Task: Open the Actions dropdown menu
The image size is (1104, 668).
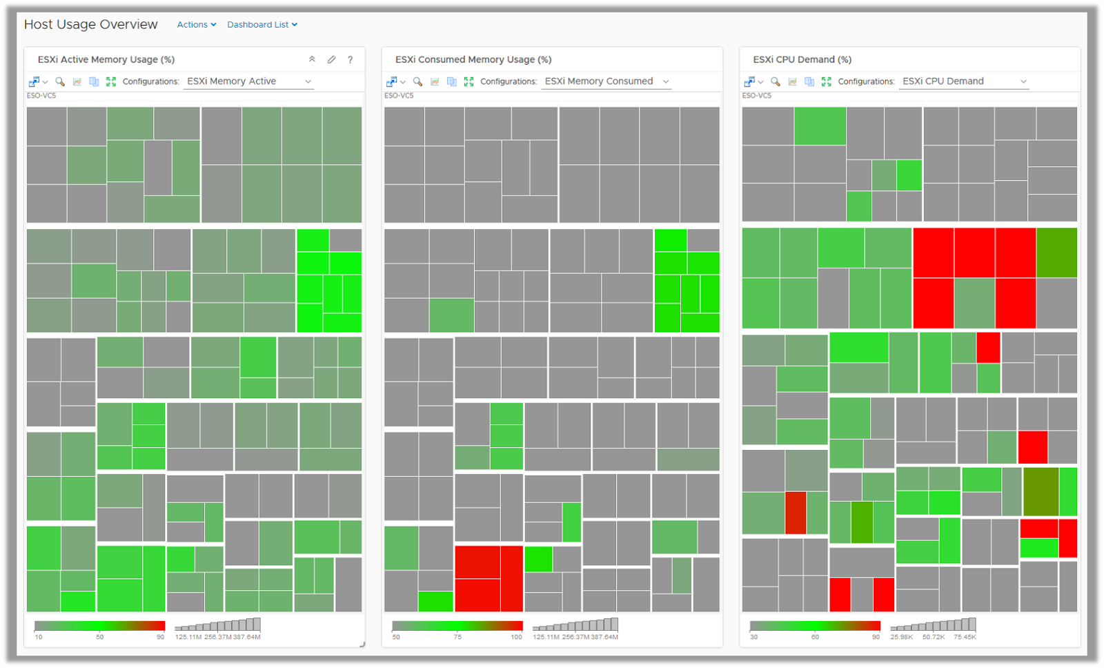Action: (196, 25)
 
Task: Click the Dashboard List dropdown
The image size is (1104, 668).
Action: (262, 25)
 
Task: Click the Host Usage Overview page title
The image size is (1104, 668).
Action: (91, 25)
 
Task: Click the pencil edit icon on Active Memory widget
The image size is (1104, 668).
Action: (331, 60)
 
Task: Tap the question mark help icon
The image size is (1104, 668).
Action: (351, 60)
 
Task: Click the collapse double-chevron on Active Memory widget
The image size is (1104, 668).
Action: (312, 60)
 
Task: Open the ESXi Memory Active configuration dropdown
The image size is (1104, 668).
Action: (249, 81)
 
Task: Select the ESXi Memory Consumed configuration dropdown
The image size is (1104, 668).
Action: (607, 81)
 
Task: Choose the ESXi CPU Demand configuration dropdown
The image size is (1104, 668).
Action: (964, 81)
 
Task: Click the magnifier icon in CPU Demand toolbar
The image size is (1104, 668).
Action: (776, 81)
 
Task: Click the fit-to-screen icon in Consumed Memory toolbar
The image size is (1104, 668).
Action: (469, 81)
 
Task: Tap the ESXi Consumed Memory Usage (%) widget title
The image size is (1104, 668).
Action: (473, 60)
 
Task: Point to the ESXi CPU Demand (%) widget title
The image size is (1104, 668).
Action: (802, 60)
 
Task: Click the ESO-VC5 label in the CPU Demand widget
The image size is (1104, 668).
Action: (757, 96)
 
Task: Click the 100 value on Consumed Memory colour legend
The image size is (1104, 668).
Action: (516, 637)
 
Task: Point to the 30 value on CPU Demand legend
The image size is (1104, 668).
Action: (754, 637)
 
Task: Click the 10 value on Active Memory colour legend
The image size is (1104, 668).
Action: (39, 637)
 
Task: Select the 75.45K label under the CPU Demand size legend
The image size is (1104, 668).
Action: (965, 637)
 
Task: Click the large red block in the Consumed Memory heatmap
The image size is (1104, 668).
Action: (489, 578)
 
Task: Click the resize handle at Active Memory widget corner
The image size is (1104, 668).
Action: (362, 645)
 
